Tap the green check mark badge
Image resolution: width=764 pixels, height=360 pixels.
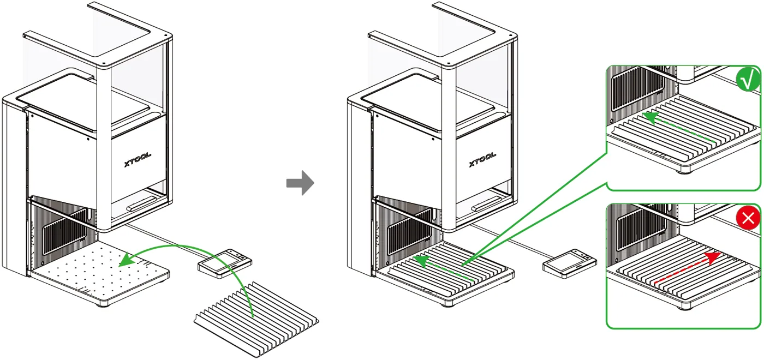(x=748, y=80)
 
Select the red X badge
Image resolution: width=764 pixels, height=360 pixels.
(x=748, y=218)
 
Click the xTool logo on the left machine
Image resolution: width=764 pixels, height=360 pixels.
(x=138, y=159)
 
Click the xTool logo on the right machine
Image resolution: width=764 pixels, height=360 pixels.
(x=482, y=159)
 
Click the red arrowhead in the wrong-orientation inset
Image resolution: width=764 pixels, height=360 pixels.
(x=714, y=257)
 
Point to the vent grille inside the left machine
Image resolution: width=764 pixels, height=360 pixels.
(x=65, y=232)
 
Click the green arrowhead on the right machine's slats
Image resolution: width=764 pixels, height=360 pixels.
(x=421, y=262)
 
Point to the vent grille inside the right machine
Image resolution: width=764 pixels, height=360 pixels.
(x=410, y=232)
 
